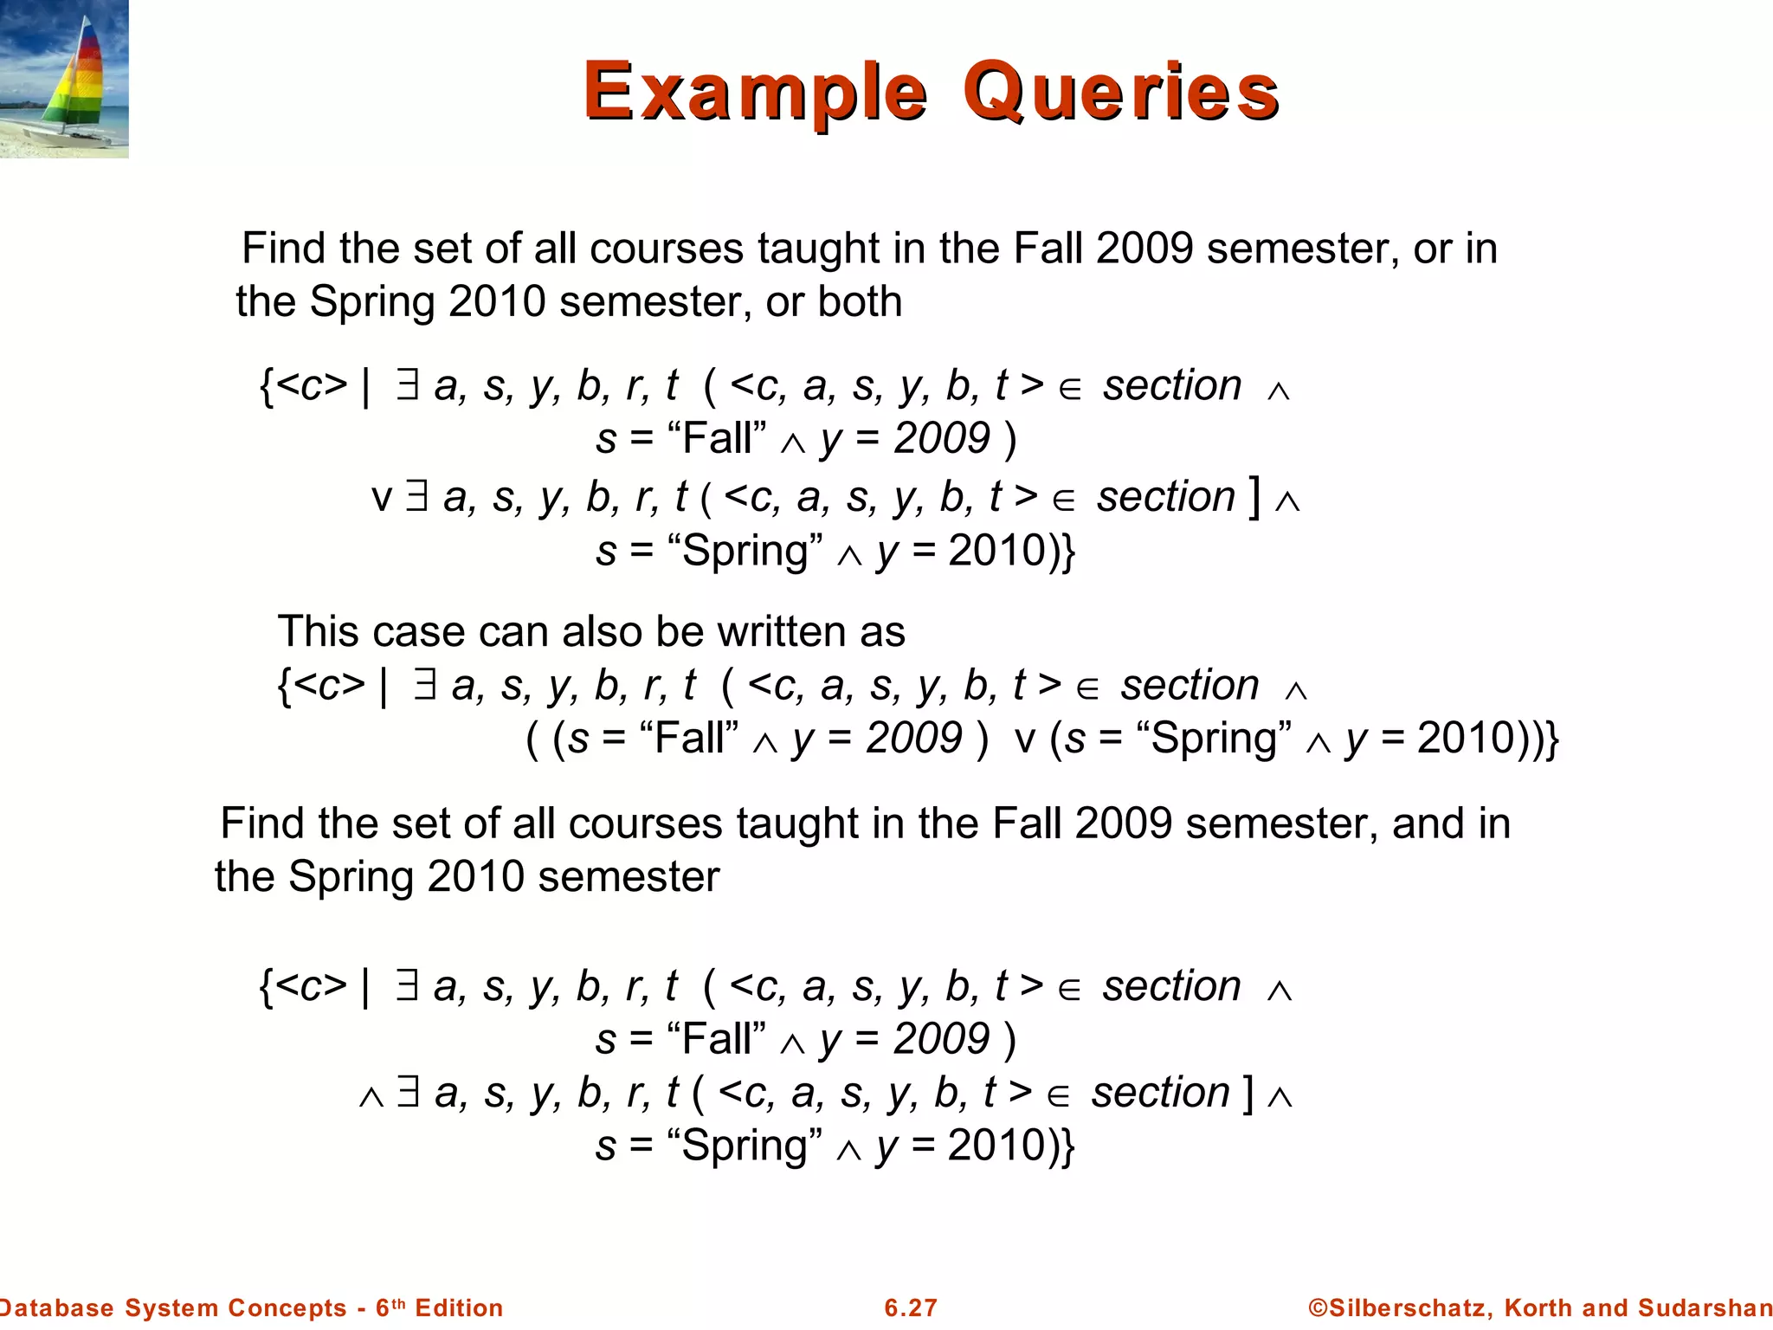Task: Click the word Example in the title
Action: point(755,92)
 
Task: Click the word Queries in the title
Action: point(1121,92)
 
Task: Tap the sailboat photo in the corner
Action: point(64,79)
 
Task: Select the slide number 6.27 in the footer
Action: point(911,1307)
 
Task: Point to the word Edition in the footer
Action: point(459,1307)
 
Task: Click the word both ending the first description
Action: point(860,302)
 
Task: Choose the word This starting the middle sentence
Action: point(317,631)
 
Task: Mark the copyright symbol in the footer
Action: point(1317,1307)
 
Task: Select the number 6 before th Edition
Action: point(382,1307)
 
